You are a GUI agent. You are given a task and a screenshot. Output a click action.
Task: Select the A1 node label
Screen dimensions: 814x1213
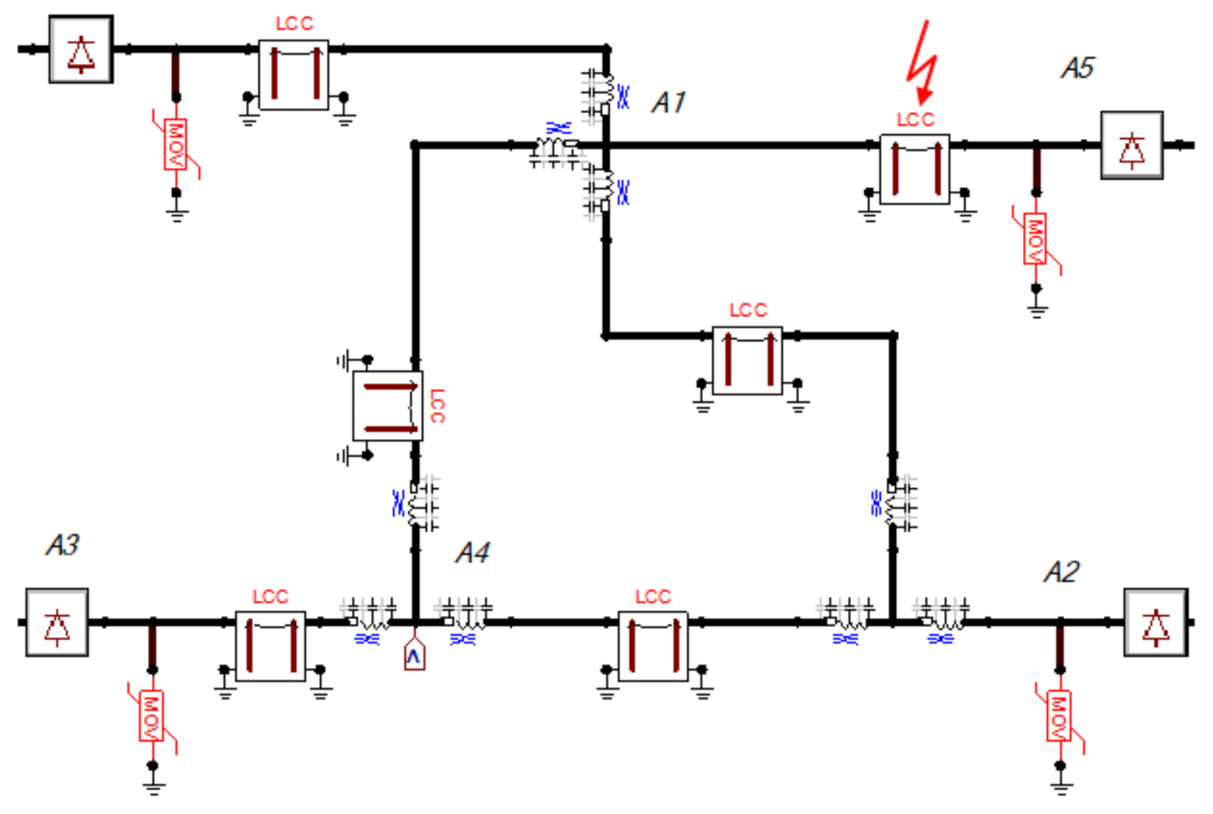click(x=669, y=103)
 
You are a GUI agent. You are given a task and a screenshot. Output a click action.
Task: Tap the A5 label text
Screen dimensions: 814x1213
click(x=1078, y=68)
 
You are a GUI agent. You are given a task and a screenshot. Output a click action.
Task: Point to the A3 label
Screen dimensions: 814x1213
click(x=62, y=545)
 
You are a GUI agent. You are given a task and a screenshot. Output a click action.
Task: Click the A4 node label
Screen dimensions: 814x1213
click(x=472, y=553)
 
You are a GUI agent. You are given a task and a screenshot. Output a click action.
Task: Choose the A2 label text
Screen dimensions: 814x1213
click(x=1061, y=572)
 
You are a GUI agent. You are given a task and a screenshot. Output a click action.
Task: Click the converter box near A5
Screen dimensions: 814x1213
click(x=1131, y=146)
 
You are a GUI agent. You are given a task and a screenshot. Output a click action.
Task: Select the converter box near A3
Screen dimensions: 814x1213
click(x=57, y=622)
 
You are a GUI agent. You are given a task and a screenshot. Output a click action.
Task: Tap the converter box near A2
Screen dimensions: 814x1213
click(x=1156, y=622)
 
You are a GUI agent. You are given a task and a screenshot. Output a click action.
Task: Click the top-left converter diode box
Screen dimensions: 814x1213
click(x=81, y=49)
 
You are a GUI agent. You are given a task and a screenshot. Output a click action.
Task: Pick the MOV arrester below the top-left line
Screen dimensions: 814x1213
click(x=175, y=145)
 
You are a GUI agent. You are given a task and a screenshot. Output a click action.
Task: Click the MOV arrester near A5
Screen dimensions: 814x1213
click(x=1035, y=238)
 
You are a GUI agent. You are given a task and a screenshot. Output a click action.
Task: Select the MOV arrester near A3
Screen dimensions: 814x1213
click(x=151, y=715)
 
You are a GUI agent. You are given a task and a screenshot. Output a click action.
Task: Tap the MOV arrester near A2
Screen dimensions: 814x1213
click(x=1059, y=715)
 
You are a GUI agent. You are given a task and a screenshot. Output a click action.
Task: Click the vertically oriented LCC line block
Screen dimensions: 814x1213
click(x=388, y=407)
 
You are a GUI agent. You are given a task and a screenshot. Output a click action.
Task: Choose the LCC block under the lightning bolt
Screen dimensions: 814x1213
click(x=915, y=169)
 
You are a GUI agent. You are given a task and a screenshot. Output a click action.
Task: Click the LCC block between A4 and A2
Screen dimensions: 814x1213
click(x=653, y=646)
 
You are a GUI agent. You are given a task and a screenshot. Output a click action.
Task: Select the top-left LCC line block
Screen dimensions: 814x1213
click(x=293, y=74)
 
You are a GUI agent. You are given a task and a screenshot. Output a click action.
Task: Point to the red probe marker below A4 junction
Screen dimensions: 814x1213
click(x=414, y=656)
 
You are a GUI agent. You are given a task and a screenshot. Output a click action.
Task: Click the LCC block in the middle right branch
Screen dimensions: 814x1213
click(x=747, y=360)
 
